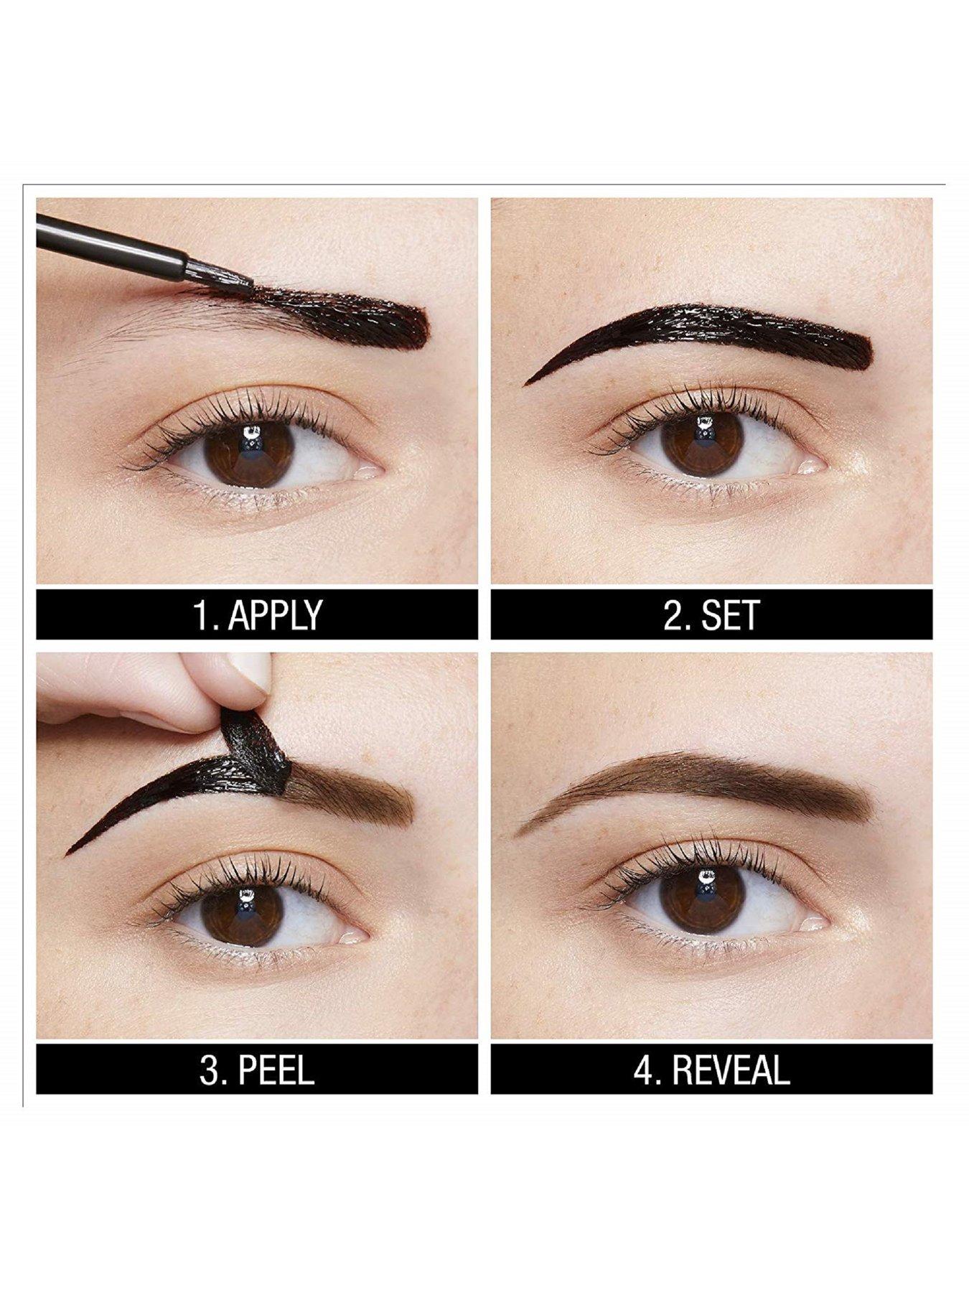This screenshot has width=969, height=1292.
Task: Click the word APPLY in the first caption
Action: [x=276, y=614]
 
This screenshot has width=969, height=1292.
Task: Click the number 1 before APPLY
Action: [x=202, y=614]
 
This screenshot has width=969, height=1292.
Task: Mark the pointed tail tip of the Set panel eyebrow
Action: [x=525, y=384]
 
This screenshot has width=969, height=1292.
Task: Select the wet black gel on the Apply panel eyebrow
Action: [x=337, y=316]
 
